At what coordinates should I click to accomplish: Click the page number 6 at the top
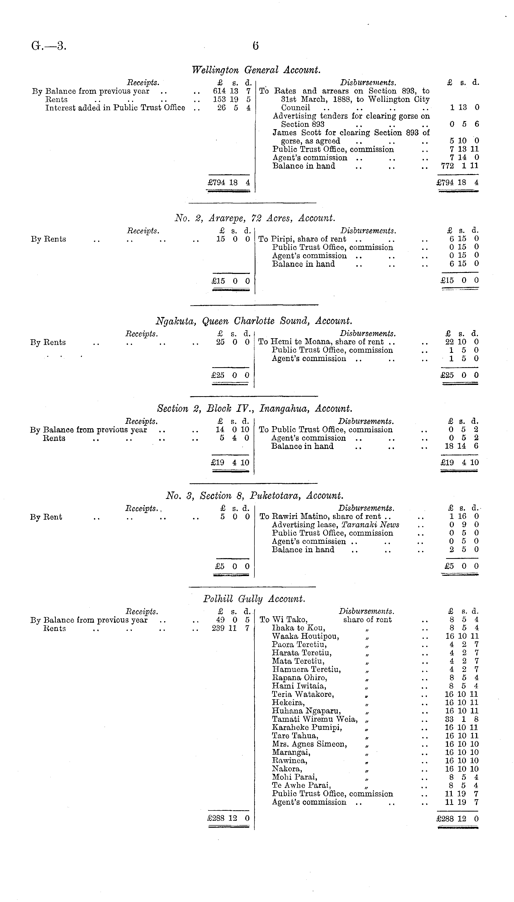(x=255, y=46)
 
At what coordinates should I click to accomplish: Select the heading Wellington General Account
(x=256, y=70)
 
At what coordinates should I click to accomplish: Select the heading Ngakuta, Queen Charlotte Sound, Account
(x=254, y=321)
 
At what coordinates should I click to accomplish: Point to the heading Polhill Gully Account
(x=254, y=599)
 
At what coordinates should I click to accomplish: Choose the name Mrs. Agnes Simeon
(x=309, y=744)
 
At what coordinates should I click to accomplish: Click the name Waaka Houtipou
(x=305, y=636)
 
